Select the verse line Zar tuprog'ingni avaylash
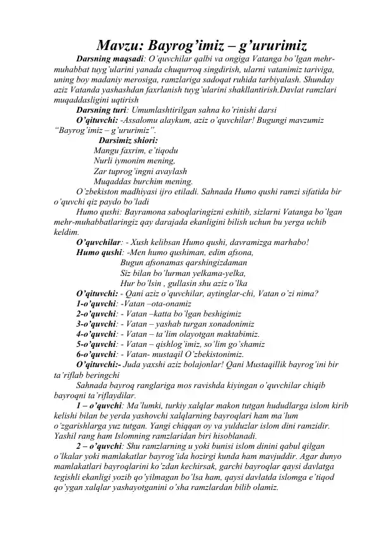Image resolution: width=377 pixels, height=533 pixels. (x=139, y=172)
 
